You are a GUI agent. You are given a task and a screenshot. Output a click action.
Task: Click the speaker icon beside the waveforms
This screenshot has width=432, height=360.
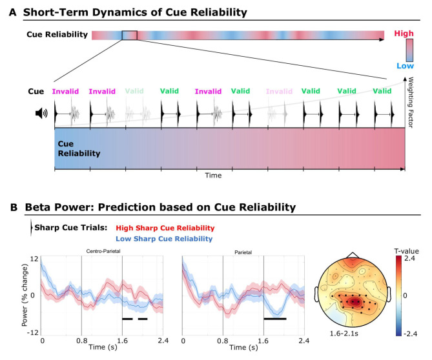pyautogui.click(x=41, y=113)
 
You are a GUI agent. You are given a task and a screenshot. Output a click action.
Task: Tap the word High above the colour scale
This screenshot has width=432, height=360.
pyautogui.click(x=404, y=34)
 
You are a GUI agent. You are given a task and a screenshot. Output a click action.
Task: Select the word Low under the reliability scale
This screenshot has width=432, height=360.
pyautogui.click(x=405, y=66)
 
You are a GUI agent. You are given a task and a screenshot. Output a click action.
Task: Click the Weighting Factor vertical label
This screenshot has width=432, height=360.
pyautogui.click(x=411, y=103)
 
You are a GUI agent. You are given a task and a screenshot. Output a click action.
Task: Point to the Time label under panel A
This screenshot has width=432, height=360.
pyautogui.click(x=213, y=175)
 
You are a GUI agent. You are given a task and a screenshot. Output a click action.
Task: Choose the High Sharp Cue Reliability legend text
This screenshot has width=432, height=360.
pyautogui.click(x=165, y=228)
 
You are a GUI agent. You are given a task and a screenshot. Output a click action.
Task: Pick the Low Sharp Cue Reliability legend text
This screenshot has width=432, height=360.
pyautogui.click(x=164, y=239)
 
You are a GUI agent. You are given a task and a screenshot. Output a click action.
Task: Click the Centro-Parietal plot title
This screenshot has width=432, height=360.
pyautogui.click(x=103, y=251)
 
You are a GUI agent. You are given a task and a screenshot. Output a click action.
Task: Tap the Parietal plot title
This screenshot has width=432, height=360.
pyautogui.click(x=243, y=252)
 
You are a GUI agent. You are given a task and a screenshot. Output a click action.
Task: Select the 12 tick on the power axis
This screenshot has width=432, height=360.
pyautogui.click(x=34, y=259)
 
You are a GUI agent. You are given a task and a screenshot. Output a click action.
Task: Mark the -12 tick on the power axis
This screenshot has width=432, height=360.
pyautogui.click(x=32, y=332)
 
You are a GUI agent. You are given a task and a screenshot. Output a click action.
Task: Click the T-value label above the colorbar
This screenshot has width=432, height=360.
pyautogui.click(x=406, y=251)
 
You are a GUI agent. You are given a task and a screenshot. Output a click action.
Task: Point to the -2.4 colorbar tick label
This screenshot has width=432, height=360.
pyautogui.click(x=409, y=334)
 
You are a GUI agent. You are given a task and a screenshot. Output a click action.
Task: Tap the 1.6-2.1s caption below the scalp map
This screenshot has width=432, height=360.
pyautogui.click(x=344, y=334)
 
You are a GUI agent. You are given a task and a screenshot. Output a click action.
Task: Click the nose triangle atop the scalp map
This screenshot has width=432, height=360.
pyautogui.click(x=353, y=255)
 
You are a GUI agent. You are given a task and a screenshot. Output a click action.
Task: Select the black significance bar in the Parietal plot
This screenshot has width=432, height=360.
pyautogui.click(x=275, y=319)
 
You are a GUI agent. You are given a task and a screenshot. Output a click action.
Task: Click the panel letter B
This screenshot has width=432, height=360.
pyautogui.click(x=14, y=207)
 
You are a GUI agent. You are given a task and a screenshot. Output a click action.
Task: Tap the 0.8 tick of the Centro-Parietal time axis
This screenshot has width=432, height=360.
pyautogui.click(x=82, y=341)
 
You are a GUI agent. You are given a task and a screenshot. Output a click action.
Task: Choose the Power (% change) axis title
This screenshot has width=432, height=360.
pyautogui.click(x=25, y=295)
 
